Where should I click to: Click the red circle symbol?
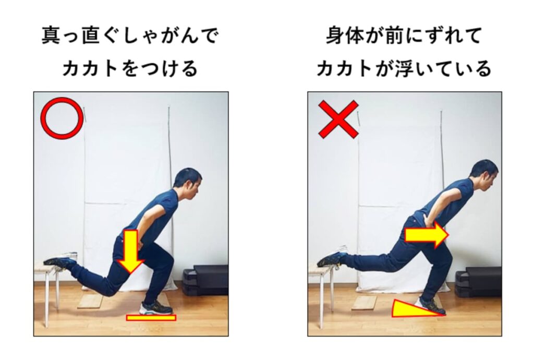coord(62,119)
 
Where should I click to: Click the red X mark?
coord(338,119)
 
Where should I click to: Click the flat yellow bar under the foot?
coord(151,317)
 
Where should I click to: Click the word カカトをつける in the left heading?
coord(130,68)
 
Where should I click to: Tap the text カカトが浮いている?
coord(404,68)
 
